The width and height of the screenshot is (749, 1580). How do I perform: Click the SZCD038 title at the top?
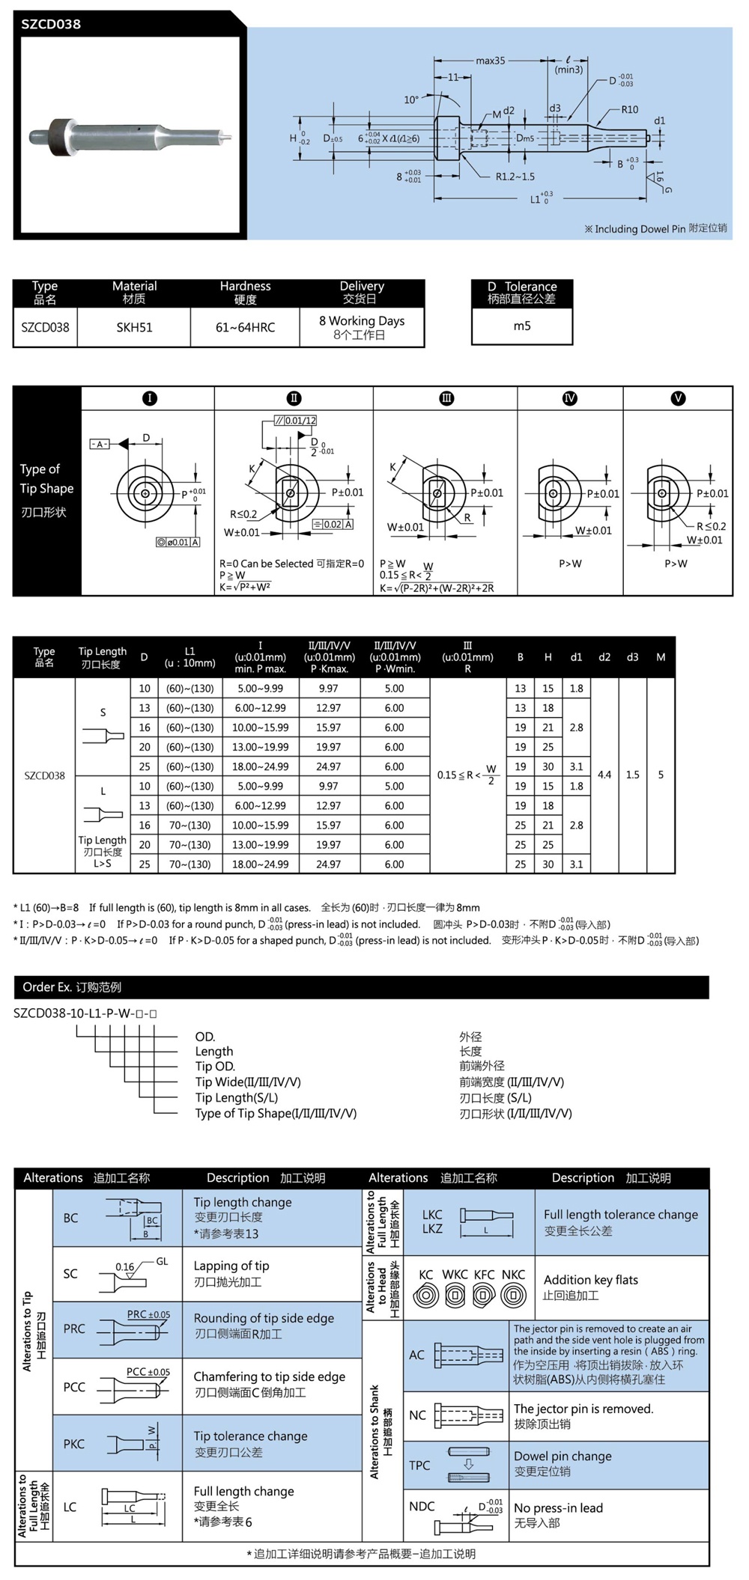click(x=51, y=24)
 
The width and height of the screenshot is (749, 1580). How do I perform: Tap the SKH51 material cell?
click(x=134, y=327)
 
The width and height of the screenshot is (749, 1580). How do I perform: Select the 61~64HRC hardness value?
click(x=245, y=327)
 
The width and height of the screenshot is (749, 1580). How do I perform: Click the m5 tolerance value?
click(x=522, y=326)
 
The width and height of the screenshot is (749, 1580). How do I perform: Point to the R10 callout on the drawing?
click(x=629, y=109)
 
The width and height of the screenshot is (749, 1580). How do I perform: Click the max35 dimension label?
click(x=491, y=61)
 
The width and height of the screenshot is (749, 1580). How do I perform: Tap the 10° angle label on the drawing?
click(x=411, y=100)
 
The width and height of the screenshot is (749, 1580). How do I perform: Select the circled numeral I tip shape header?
click(x=149, y=398)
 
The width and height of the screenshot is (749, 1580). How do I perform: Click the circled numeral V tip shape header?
click(x=678, y=398)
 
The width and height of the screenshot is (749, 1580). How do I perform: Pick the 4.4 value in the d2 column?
click(x=604, y=775)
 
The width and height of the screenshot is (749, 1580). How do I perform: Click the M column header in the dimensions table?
click(x=661, y=657)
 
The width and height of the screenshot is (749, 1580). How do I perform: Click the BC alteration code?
click(x=70, y=1218)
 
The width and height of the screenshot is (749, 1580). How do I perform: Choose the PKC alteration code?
click(x=73, y=1444)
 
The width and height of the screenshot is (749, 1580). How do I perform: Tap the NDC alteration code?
click(x=422, y=1506)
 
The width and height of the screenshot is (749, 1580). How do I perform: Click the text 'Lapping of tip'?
click(x=231, y=1266)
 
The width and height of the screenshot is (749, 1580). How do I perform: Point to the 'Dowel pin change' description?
click(x=562, y=1456)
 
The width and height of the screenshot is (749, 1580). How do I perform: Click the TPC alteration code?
click(x=419, y=1465)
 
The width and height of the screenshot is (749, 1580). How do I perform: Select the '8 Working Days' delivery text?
click(x=361, y=320)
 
